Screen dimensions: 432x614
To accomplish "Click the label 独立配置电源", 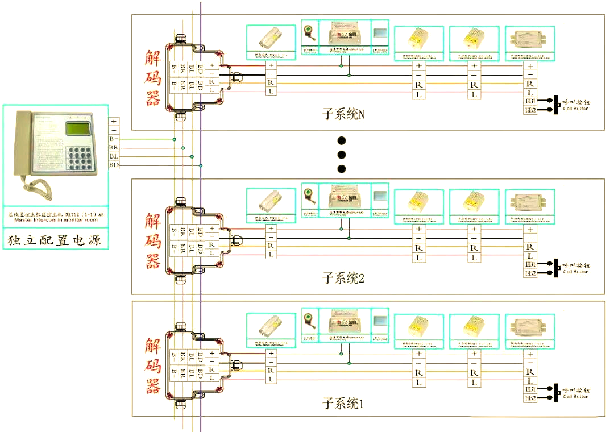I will point(55,240).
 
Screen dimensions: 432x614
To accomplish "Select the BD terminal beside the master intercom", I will point(114,165).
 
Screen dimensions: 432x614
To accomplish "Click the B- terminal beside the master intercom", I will point(114,139).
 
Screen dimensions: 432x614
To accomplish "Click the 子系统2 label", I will point(343,278).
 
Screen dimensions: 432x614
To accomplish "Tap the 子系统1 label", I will point(343,404).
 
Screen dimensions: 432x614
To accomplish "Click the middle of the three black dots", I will point(342,154).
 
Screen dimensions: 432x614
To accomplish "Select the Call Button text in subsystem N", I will point(575,109).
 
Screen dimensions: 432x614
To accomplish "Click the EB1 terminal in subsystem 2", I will point(530,264).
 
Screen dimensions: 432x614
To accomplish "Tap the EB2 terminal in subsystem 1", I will point(530,398).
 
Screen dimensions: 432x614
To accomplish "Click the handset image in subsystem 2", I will point(271,201).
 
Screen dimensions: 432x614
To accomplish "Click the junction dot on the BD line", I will point(201,165).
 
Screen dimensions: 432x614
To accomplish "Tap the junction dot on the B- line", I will point(175,139).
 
